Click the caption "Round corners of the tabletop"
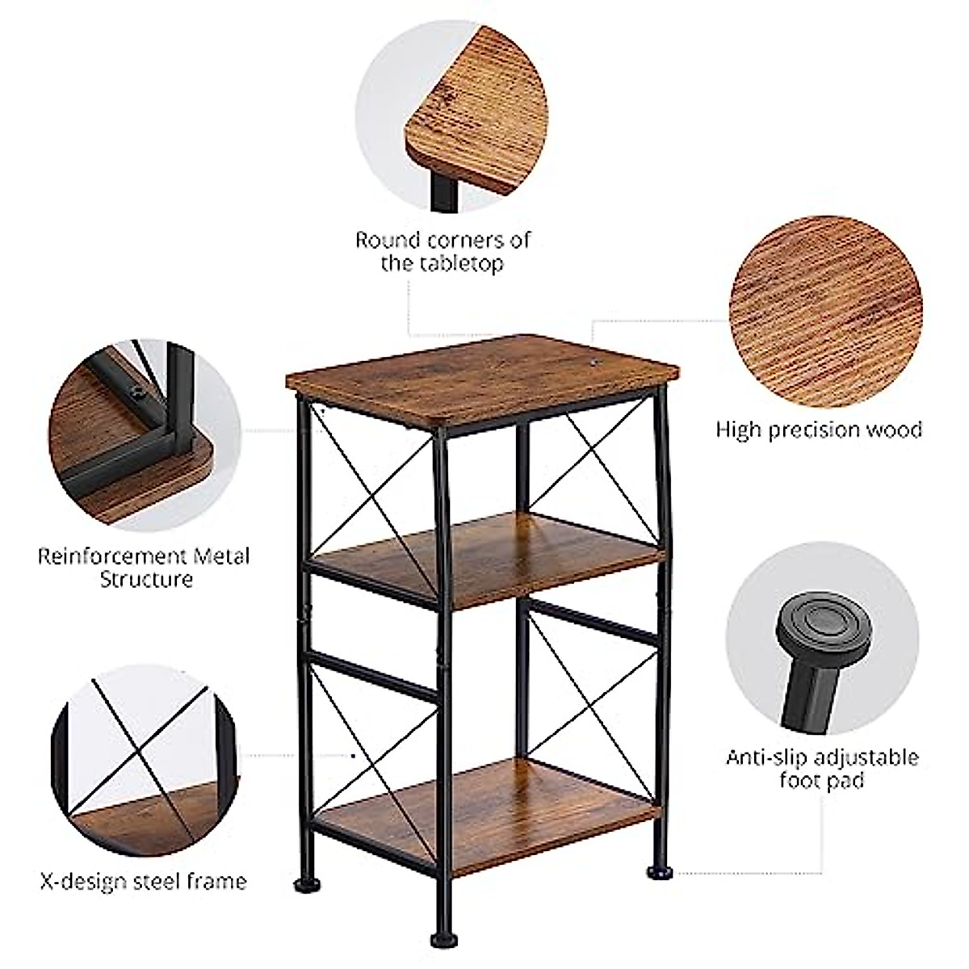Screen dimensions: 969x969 pos(443,251)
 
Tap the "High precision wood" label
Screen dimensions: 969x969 pos(819,429)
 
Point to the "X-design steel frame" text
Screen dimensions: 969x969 pos(144,880)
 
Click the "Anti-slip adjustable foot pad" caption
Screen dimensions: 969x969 pos(822,769)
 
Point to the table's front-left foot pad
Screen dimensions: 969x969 pos(442,939)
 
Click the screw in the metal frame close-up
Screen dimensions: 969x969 pos(139,393)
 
